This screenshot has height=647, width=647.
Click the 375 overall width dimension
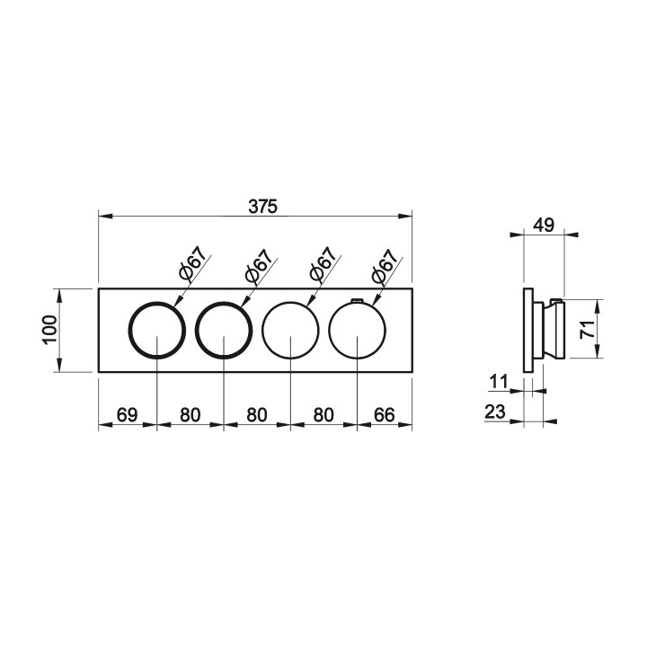pos(262,207)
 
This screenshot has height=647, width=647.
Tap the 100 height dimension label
pos(49,330)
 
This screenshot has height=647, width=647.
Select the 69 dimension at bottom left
pos(127,414)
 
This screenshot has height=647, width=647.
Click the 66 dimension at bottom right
pos(385,414)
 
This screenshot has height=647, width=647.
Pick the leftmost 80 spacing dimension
pos(191,414)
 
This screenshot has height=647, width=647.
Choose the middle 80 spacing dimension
pos(257,414)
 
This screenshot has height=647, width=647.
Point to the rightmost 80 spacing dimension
pos(323,414)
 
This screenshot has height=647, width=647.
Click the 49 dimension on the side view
pos(544,226)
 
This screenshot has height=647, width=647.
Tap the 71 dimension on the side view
pos(588,329)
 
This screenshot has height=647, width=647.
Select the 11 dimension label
pos(499,381)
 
